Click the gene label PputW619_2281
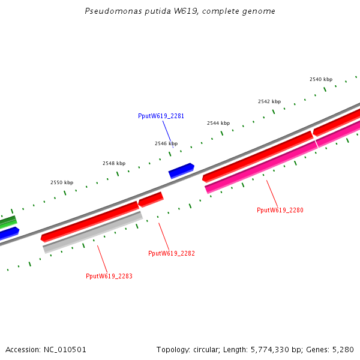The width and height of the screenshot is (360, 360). click(x=161, y=116)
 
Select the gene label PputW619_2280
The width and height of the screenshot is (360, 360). click(x=280, y=210)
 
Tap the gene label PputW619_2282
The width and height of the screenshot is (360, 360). click(x=172, y=253)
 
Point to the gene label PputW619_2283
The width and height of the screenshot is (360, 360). click(x=109, y=276)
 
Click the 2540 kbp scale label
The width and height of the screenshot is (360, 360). click(x=321, y=79)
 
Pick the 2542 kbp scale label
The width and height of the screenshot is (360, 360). click(x=269, y=102)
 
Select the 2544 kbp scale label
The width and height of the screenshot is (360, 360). click(x=218, y=123)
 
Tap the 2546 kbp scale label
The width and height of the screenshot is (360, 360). click(x=166, y=143)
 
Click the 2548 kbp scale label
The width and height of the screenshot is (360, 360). click(x=114, y=163)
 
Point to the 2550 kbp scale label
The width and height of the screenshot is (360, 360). click(x=62, y=182)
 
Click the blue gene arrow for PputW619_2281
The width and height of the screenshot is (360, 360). click(x=181, y=171)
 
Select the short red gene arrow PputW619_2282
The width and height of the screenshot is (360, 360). click(x=151, y=199)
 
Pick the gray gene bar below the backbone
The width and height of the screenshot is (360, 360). click(x=93, y=232)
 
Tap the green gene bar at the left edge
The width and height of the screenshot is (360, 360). click(x=7, y=222)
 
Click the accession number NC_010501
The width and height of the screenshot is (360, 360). click(x=64, y=349)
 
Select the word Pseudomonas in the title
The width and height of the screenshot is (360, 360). click(x=112, y=11)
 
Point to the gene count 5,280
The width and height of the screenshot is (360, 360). click(x=343, y=349)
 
